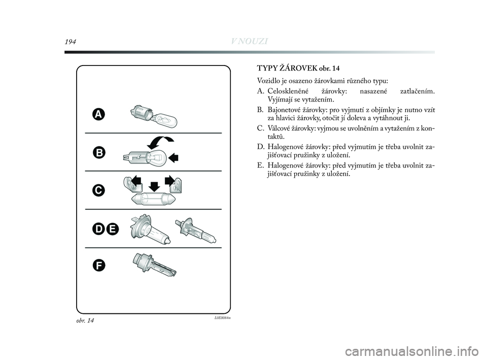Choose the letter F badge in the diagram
[x=99, y=265]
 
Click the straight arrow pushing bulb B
[x=175, y=158]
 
